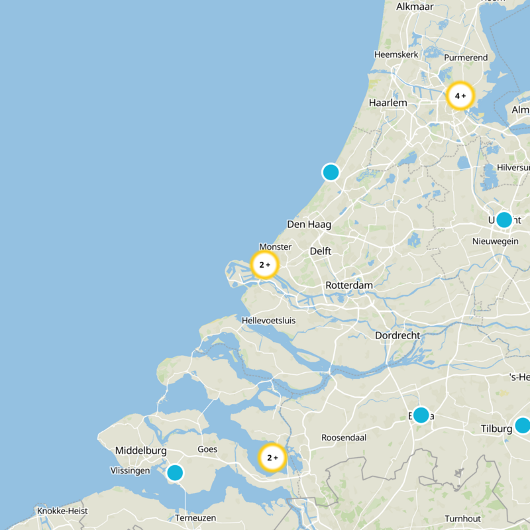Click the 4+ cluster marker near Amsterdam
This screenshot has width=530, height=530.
click(x=460, y=96)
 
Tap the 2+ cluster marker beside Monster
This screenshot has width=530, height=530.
click(x=264, y=264)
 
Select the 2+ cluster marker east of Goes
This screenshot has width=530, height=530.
click(x=272, y=458)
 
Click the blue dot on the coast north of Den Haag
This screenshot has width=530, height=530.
click(x=331, y=172)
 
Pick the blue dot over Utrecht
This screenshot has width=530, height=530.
click(x=504, y=220)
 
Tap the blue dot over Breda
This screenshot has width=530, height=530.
click(x=421, y=415)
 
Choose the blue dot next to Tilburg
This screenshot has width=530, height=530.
click(x=523, y=425)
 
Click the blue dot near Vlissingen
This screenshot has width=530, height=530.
click(x=175, y=472)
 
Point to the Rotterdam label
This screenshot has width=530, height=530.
click(x=349, y=286)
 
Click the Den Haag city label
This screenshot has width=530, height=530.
click(x=309, y=225)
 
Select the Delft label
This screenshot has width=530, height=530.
click(x=321, y=252)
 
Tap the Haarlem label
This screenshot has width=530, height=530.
click(x=388, y=103)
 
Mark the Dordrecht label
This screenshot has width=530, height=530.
click(x=397, y=336)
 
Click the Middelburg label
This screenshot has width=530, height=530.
click(x=140, y=450)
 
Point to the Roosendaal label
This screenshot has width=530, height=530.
click(x=343, y=438)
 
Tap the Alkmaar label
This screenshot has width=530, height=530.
click(x=415, y=7)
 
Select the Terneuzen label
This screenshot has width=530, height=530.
click(x=193, y=517)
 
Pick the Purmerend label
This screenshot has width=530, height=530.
click(x=466, y=58)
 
